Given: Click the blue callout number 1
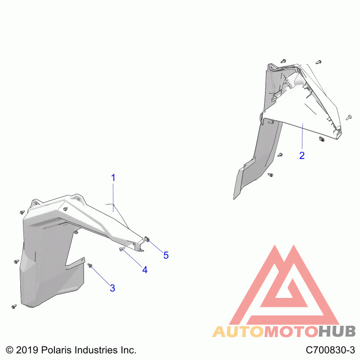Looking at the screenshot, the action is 113,178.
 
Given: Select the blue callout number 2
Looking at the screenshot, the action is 302,155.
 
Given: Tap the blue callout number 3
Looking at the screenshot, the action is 112,288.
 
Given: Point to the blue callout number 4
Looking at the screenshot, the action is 144,270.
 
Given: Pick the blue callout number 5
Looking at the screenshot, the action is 166,255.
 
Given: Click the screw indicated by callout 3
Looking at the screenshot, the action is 90,265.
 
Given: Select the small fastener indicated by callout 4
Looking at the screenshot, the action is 121,249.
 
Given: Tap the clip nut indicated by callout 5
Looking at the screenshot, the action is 147,239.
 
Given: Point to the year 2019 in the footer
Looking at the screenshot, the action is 27,350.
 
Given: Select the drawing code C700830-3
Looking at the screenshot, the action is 330,350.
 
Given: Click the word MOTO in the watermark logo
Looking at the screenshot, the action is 291,332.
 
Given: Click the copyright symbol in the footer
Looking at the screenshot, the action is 9,350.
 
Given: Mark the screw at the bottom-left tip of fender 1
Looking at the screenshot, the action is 14,306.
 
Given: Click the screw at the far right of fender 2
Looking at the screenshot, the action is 349,117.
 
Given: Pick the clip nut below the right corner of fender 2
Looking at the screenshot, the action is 322,139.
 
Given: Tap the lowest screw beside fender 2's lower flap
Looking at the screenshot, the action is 270,175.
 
